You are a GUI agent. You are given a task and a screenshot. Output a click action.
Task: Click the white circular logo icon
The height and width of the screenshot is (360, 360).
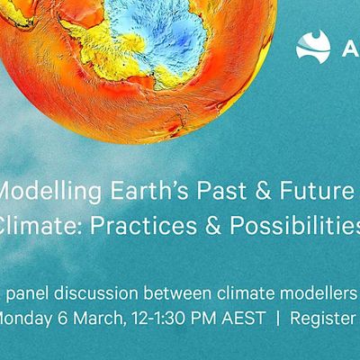[x=314, y=45]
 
